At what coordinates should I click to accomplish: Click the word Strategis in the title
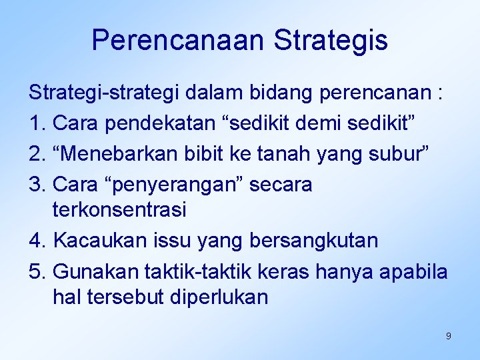coord(330,40)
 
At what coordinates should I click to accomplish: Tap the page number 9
coord(448,336)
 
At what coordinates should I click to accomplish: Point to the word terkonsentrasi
coord(119,210)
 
